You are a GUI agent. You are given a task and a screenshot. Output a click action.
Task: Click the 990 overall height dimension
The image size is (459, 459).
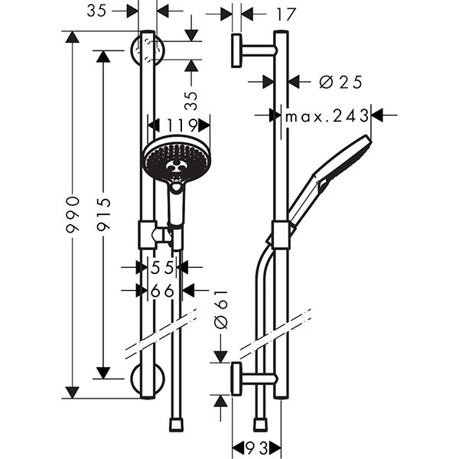pyautogui.click(x=73, y=214)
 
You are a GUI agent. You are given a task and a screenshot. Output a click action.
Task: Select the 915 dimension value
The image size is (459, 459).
pyautogui.click(x=105, y=214)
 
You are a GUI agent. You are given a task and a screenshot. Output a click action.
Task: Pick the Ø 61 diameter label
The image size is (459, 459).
pyautogui.click(x=221, y=312)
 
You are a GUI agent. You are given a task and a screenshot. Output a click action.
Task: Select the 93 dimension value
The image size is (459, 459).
pyautogui.click(x=257, y=447)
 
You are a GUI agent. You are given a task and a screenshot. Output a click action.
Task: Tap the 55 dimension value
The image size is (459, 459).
pyautogui.click(x=162, y=267)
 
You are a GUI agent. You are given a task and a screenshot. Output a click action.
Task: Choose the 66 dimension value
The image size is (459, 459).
pyautogui.click(x=162, y=291)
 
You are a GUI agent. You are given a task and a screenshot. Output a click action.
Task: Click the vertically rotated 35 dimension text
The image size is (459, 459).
pyautogui.click(x=191, y=100)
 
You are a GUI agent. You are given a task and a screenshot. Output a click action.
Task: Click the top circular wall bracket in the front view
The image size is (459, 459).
pyautogui.click(x=147, y=50)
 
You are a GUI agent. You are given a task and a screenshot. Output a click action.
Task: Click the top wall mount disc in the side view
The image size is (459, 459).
pyautogui.click(x=237, y=50)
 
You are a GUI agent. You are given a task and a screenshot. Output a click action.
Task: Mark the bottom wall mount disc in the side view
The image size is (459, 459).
pyautogui.click(x=237, y=379)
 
